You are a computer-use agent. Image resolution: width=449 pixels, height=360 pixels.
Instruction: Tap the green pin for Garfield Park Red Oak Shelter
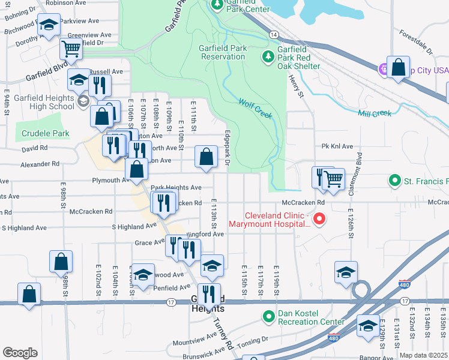pyautogui.click(x=267, y=57)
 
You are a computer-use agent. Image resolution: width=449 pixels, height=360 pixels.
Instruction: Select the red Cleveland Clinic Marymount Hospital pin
pyautogui.click(x=319, y=219)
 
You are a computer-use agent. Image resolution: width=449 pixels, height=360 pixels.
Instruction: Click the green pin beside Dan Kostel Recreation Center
pyautogui.click(x=268, y=315)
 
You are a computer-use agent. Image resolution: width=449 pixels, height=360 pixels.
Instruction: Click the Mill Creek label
pyautogui.click(x=374, y=113)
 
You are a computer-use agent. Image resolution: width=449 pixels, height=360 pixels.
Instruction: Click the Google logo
pyautogui.click(x=20, y=353)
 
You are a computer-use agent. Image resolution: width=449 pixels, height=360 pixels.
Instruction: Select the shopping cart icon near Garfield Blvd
pyautogui.click(x=71, y=50)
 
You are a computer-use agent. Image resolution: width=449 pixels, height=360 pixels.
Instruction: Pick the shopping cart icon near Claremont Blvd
pyautogui.click(x=333, y=179)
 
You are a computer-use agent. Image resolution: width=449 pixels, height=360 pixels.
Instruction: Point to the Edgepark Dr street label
pyautogui.click(x=228, y=148)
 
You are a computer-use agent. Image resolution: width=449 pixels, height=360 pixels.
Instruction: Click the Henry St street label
pyautogui.click(x=294, y=77)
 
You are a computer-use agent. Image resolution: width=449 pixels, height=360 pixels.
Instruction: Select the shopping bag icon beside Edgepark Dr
pyautogui.click(x=206, y=158)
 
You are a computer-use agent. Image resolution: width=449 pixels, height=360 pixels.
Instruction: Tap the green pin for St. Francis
pyautogui.click(x=394, y=180)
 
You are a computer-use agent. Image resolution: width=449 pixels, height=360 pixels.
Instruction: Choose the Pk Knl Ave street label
pyautogui.click(x=337, y=146)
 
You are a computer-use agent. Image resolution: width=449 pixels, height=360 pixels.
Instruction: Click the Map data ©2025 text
pyautogui.click(x=423, y=355)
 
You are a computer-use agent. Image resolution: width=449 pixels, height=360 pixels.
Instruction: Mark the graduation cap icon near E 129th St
pyautogui.click(x=368, y=326)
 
